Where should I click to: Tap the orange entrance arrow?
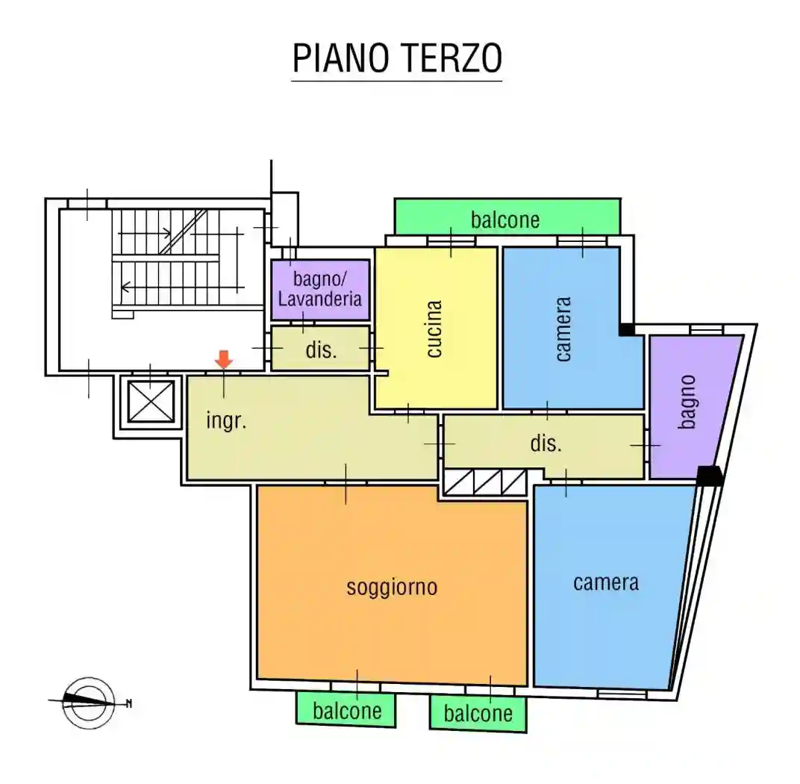coord(224,359)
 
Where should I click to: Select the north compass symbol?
coord(89,702)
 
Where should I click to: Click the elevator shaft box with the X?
coord(151,402)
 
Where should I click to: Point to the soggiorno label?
coord(392,587)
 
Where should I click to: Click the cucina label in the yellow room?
coord(434,329)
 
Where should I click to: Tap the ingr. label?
coord(226,420)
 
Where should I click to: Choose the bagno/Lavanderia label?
coord(320,290)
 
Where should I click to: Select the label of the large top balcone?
coord(505,220)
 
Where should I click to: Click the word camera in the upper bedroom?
coord(563,329)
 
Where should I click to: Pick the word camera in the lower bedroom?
coord(606,582)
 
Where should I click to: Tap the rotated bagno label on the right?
coord(687,401)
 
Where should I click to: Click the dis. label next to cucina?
coord(321,349)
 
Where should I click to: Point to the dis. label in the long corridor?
coord(546,444)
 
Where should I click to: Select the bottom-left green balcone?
coord(346,710)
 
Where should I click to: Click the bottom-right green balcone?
coord(478,713)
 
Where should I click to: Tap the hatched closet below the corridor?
coord(485,482)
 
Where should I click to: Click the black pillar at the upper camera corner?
coord(627,329)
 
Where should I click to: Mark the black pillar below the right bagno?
coord(710,476)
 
